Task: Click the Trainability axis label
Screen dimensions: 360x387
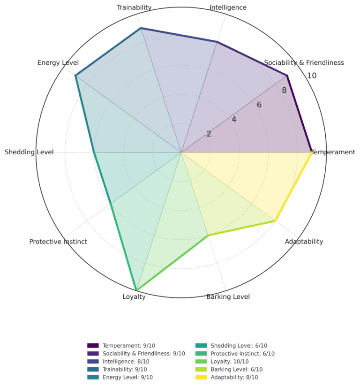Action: click(x=134, y=8)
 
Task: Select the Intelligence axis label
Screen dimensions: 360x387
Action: click(x=228, y=8)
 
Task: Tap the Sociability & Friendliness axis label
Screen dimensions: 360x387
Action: click(x=304, y=63)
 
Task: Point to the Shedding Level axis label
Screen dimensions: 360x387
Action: click(x=29, y=152)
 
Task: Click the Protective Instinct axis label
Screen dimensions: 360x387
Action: click(x=58, y=242)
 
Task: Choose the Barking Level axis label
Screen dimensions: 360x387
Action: click(x=228, y=296)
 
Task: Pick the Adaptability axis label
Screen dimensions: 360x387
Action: click(x=304, y=242)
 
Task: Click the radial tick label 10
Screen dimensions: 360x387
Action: click(x=312, y=76)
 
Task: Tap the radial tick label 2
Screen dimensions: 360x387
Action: click(x=209, y=134)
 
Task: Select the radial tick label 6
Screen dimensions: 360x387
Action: click(x=259, y=105)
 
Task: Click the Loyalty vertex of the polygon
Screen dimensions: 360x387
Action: click(x=136, y=290)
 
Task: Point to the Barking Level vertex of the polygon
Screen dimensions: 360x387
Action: click(x=208, y=235)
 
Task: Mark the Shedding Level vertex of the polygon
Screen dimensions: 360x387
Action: click(x=94, y=152)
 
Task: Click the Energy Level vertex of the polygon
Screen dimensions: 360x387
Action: click(x=75, y=76)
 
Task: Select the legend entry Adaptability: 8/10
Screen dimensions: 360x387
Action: click(x=226, y=377)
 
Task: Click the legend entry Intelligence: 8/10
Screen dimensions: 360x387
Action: click(x=118, y=362)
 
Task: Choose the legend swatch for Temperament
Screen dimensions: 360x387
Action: click(x=93, y=346)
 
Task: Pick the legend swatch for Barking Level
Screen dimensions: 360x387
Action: click(x=201, y=370)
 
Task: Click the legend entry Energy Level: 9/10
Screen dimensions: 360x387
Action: click(x=120, y=377)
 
